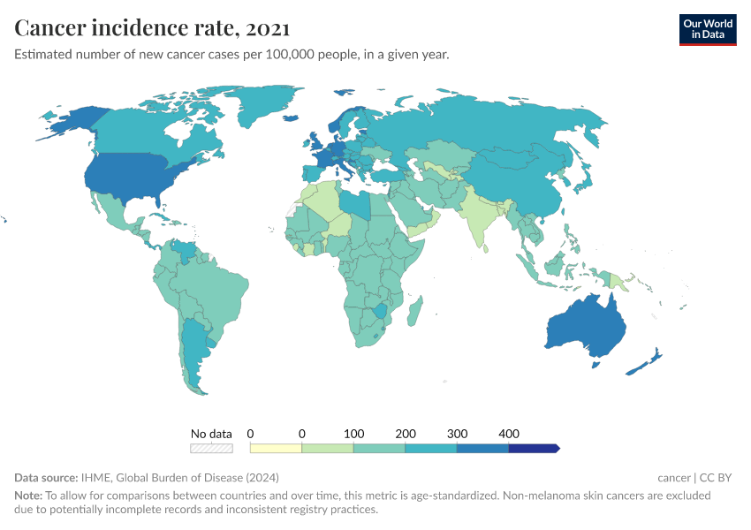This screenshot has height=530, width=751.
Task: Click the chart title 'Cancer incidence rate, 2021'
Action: pos(151,28)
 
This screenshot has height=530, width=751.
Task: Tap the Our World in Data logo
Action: pos(707,29)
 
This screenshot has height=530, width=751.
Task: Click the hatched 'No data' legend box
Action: pos(211,448)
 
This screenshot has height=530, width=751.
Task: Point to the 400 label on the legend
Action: pos(508,434)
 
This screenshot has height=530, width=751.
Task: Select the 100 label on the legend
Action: pos(353,434)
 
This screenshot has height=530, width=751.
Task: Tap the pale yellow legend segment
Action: pos(276,448)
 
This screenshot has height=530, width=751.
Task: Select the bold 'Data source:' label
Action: pos(46,478)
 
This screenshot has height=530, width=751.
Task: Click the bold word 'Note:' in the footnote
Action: pos(28,496)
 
